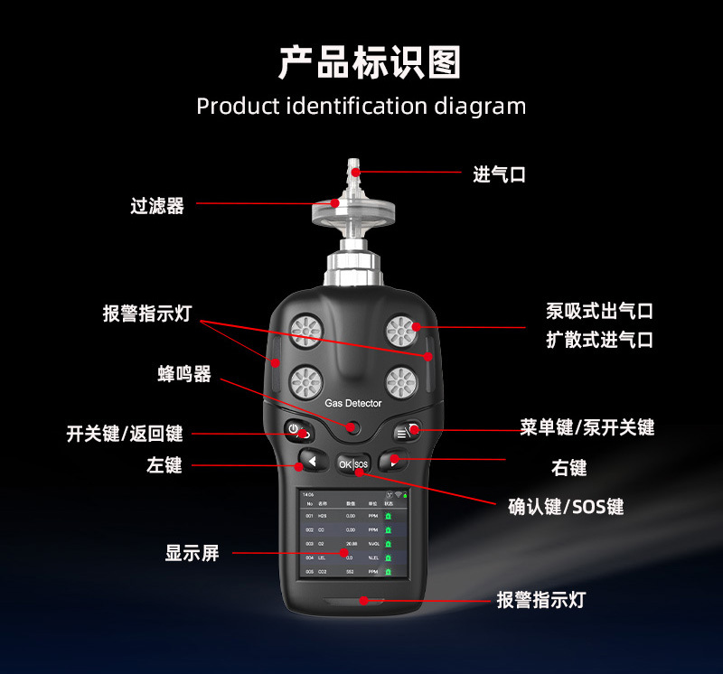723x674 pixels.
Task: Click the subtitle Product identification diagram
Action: pos(361,106)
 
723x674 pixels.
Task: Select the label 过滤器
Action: pos(156,206)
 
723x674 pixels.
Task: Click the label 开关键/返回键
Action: pos(125,434)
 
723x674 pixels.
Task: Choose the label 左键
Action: pos(164,465)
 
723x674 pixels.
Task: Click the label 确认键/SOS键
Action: pos(566,507)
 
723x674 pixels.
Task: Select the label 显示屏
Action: pos(192,553)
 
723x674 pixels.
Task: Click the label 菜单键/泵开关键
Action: pos(587,427)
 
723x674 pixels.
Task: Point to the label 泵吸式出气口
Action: pos(598,311)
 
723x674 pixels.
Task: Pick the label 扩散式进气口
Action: pos(598,341)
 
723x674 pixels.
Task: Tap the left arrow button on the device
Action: pos(310,463)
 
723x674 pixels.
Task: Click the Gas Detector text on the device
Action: pos(353,403)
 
